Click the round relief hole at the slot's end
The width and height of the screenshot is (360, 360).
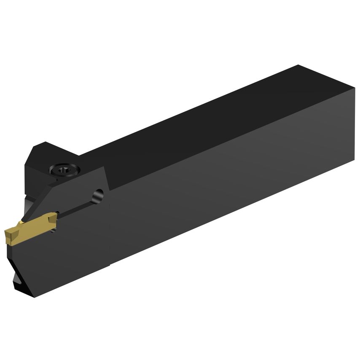[x=98, y=195]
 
